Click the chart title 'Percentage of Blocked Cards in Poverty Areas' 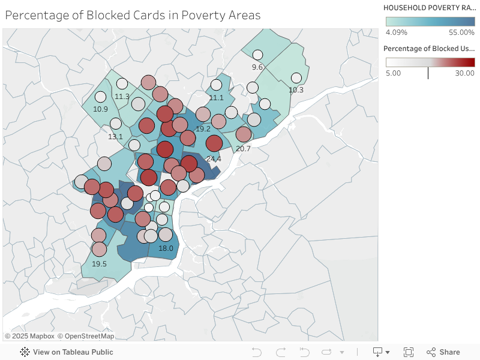coord(133,15)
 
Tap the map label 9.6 coord(257,67)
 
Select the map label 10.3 coord(296,90)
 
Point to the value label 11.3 coord(122,96)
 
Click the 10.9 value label coord(100,109)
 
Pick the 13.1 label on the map coord(115,136)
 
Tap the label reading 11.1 coord(216,97)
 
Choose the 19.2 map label coord(203,128)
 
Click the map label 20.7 coord(243,148)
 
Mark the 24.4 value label coord(214,158)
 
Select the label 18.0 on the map coord(166,248)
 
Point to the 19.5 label coord(99,263)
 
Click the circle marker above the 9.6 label coord(258,55)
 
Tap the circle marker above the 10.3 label coord(296,78)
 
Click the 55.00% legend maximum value coord(462,32)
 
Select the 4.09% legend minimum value coord(397,32)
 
